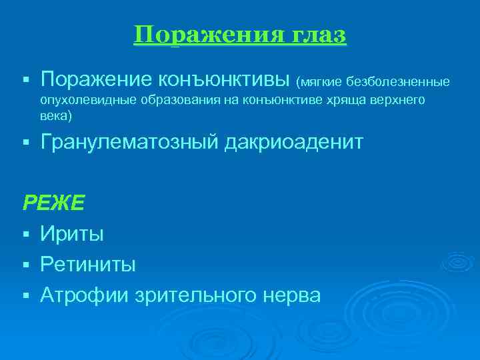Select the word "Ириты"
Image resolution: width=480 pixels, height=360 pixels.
pos(72,233)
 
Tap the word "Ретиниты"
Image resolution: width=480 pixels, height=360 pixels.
pos(88,264)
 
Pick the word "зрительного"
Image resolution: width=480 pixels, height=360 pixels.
pos(204,295)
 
